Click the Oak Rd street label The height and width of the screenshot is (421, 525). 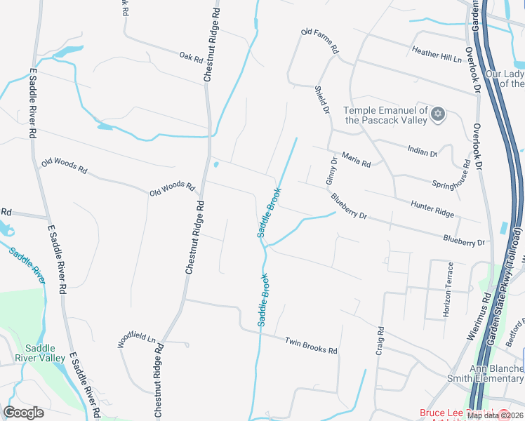click(x=190, y=55)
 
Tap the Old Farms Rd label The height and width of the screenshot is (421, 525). click(x=319, y=41)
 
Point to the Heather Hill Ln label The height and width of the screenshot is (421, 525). click(x=437, y=53)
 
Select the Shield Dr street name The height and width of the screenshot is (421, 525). click(x=322, y=100)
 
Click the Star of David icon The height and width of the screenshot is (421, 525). click(x=439, y=114)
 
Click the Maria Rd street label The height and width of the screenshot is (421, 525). click(x=356, y=159)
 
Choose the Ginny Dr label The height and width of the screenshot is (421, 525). click(x=332, y=171)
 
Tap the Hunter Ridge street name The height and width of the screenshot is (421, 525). click(x=432, y=208)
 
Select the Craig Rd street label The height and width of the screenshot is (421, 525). click(x=380, y=340)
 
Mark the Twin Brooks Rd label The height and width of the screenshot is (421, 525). click(x=311, y=346)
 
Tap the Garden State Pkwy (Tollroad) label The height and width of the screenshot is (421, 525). click(x=507, y=287)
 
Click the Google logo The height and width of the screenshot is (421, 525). click(x=24, y=413)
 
